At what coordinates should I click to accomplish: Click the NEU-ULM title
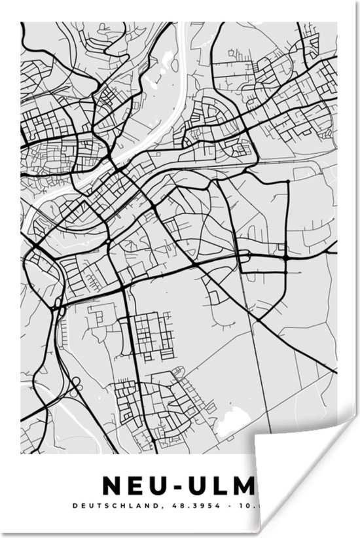coord(177,486)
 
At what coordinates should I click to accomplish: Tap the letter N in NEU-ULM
coord(112,486)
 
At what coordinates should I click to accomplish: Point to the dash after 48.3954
coord(232,505)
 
